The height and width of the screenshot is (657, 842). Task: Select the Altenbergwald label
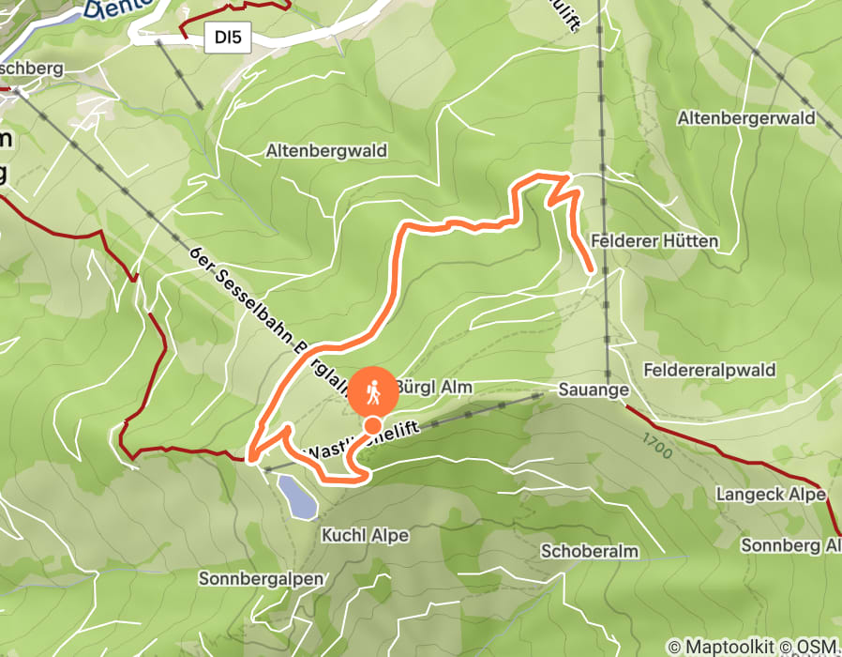click(x=326, y=150)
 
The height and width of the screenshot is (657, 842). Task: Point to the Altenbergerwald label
click(x=746, y=119)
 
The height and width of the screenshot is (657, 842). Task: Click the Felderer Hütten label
click(x=655, y=241)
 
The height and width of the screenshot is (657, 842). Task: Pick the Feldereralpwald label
click(x=710, y=370)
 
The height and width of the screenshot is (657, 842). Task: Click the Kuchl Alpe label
click(x=366, y=535)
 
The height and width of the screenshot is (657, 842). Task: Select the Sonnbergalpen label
click(x=261, y=578)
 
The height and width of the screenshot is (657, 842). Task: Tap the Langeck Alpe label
click(x=771, y=494)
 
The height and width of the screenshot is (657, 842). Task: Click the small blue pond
click(x=296, y=496)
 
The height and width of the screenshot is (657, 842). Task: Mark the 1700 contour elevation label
click(x=658, y=446)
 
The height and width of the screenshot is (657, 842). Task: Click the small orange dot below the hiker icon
click(x=372, y=425)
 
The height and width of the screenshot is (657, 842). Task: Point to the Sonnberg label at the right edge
click(x=790, y=545)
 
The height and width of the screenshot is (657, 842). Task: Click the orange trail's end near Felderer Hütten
click(x=591, y=271)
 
